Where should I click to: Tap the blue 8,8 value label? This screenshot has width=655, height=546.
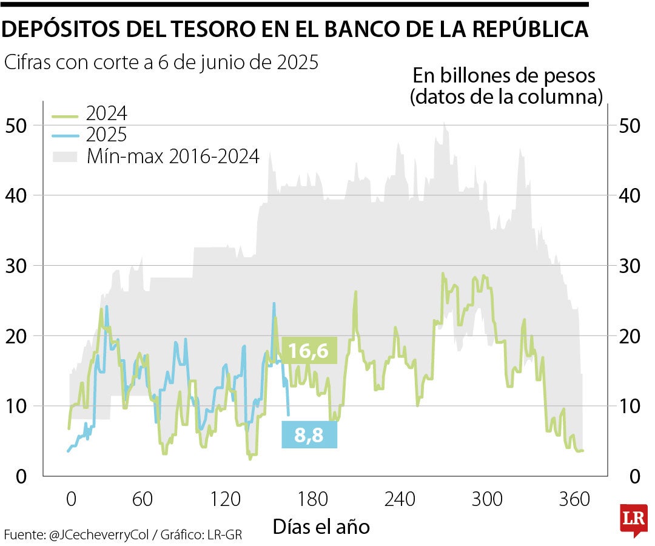click(309, 435)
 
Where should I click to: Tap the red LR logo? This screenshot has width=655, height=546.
click(633, 519)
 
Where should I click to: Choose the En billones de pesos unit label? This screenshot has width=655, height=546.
click(505, 76)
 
